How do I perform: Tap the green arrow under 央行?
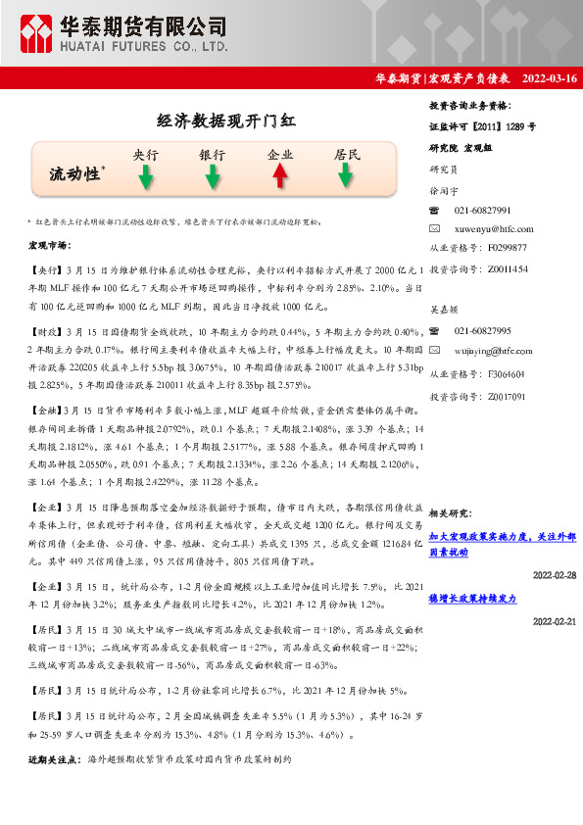click(x=145, y=176)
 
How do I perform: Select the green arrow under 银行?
click(x=212, y=176)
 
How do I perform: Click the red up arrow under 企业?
click(x=279, y=176)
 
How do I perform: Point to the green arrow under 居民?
click(x=346, y=176)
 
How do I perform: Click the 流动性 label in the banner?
click(x=75, y=174)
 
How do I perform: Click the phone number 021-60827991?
click(x=482, y=211)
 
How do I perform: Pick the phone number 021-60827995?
click(x=482, y=331)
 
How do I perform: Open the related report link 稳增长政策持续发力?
click(x=472, y=598)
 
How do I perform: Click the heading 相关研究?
click(x=452, y=512)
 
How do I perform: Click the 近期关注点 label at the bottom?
click(x=54, y=760)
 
